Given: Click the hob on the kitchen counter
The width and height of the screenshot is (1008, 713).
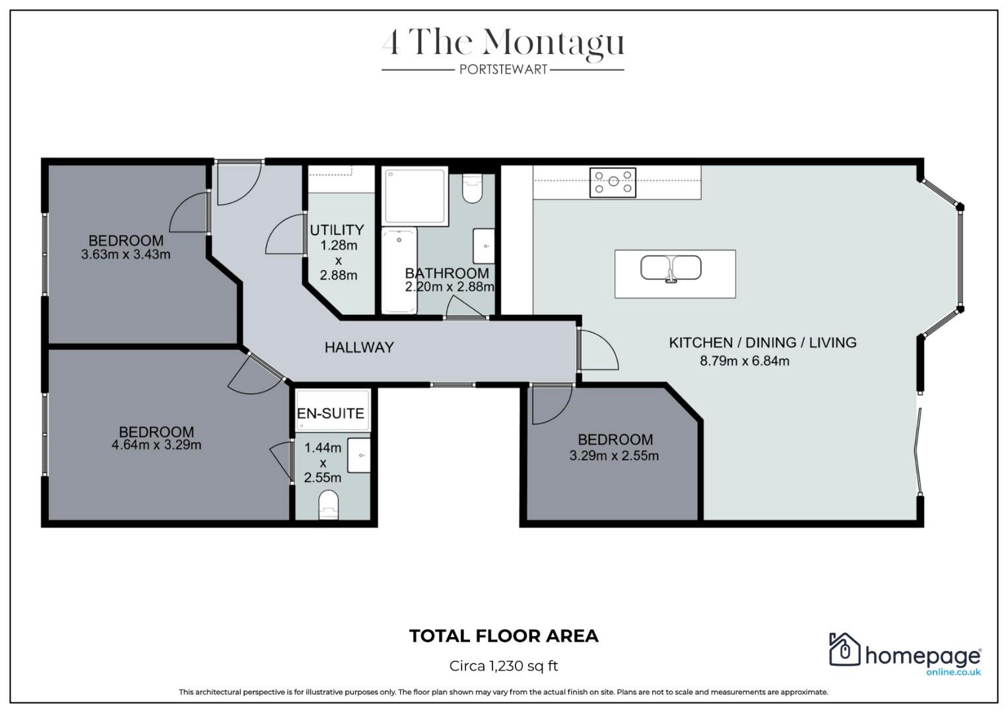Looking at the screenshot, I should (x=613, y=182).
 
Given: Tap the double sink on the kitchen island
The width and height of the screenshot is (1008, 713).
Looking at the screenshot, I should (x=671, y=269).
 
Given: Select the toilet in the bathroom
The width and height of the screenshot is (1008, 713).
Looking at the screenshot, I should (x=472, y=189).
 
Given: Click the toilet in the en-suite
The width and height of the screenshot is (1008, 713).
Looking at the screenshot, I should (x=327, y=504).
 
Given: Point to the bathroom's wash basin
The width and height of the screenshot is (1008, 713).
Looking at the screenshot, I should (x=484, y=246).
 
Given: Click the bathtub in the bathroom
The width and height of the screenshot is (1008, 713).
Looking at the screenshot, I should (x=399, y=271).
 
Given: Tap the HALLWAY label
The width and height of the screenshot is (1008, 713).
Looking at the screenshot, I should (x=359, y=347).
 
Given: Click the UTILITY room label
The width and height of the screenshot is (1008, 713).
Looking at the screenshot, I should (x=337, y=230).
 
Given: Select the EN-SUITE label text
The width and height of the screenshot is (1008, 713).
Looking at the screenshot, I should (x=330, y=413).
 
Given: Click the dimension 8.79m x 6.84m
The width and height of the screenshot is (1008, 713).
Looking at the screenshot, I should (x=744, y=361).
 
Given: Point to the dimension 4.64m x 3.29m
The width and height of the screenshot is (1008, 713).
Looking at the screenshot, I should (x=156, y=445).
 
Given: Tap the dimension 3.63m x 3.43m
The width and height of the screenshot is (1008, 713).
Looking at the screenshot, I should (x=125, y=254).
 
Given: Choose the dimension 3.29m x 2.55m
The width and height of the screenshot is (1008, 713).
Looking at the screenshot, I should (x=614, y=456).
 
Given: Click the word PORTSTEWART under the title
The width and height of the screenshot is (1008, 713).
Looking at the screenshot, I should (x=503, y=69).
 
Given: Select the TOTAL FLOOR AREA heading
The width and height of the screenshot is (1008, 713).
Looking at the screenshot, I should (x=504, y=636).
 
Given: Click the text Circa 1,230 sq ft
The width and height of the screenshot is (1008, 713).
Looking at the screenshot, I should (x=504, y=665).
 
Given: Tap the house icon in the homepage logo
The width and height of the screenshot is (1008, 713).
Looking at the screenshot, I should (x=844, y=650).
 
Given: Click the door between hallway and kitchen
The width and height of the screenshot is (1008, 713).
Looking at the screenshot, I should (x=595, y=350).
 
